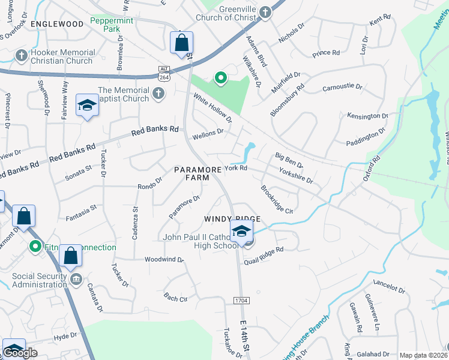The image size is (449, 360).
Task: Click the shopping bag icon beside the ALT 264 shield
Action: point(181,43)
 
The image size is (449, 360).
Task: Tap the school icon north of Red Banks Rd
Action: point(87,106)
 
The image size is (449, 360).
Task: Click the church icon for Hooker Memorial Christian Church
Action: point(21,56)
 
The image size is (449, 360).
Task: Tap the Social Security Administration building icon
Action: point(76,280)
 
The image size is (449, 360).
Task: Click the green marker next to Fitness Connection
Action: point(35,246)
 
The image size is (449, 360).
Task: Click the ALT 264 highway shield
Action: point(164,70)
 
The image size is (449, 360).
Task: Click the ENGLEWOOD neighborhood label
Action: point(56,24)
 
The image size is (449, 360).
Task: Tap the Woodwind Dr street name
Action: point(164,260)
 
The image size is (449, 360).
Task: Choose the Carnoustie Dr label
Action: point(342,88)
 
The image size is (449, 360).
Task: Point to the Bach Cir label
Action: point(175,298)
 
